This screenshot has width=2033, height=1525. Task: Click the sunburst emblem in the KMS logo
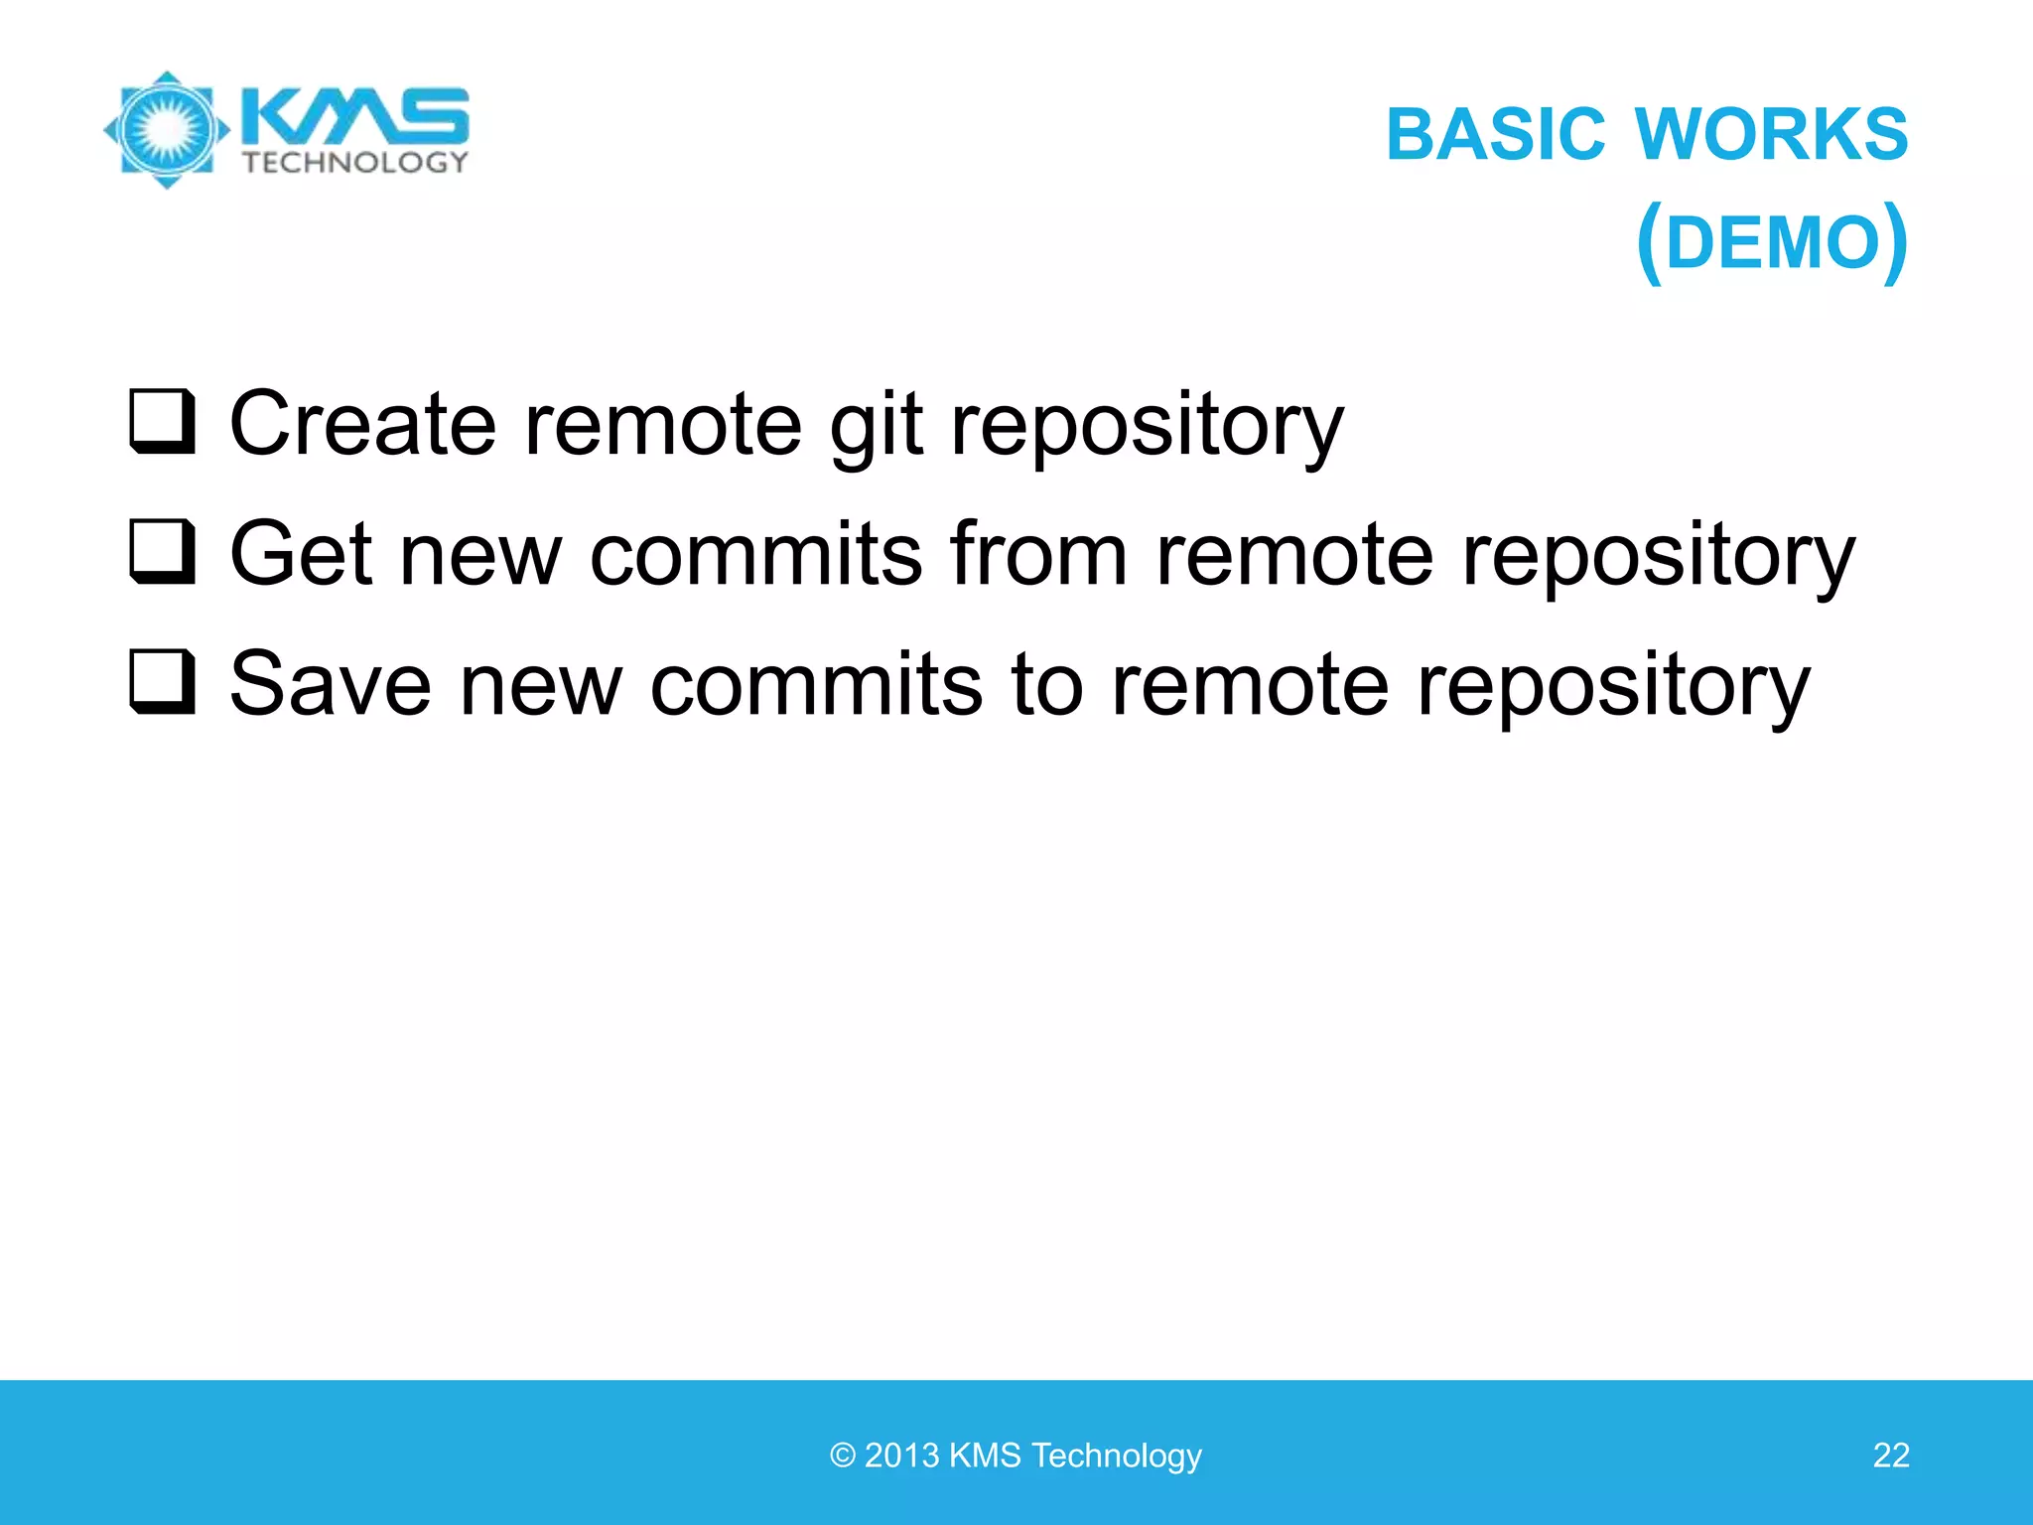click(167, 129)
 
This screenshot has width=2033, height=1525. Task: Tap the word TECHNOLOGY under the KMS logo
click(355, 163)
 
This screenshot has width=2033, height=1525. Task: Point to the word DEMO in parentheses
click(1772, 243)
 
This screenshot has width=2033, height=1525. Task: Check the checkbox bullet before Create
click(162, 422)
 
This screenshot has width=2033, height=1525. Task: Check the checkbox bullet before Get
click(162, 552)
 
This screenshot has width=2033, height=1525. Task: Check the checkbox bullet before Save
click(162, 682)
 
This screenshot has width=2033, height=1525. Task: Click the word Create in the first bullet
click(362, 424)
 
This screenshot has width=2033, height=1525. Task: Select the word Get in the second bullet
click(301, 554)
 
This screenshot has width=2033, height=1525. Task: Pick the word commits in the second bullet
click(756, 554)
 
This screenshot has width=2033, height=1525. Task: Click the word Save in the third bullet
click(331, 684)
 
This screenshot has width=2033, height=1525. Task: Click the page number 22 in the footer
click(1890, 1456)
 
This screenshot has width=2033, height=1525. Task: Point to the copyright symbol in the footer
click(843, 1456)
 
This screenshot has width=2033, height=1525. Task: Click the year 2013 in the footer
click(901, 1456)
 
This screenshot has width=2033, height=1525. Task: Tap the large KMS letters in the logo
click(355, 117)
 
